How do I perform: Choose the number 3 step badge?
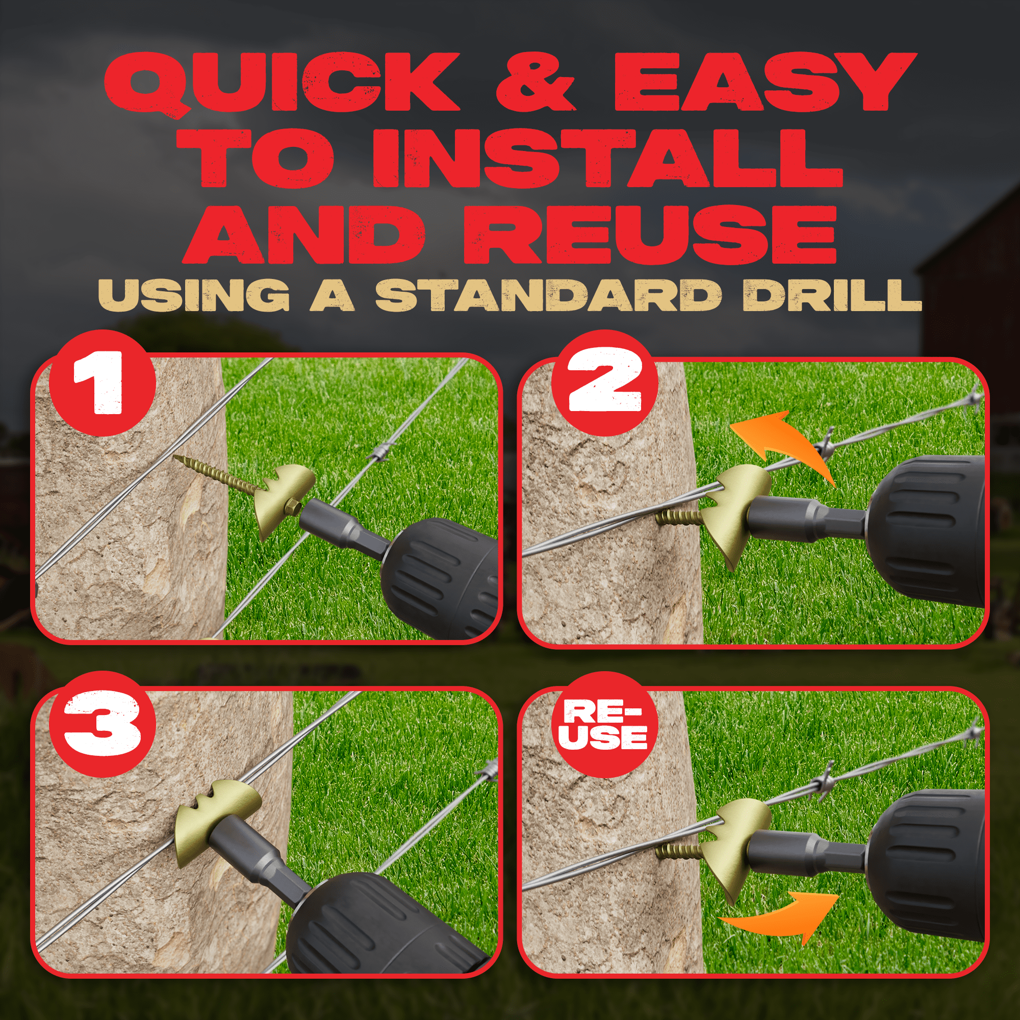[x=103, y=724]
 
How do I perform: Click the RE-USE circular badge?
[x=605, y=724]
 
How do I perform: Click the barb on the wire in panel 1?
[x=382, y=452]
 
